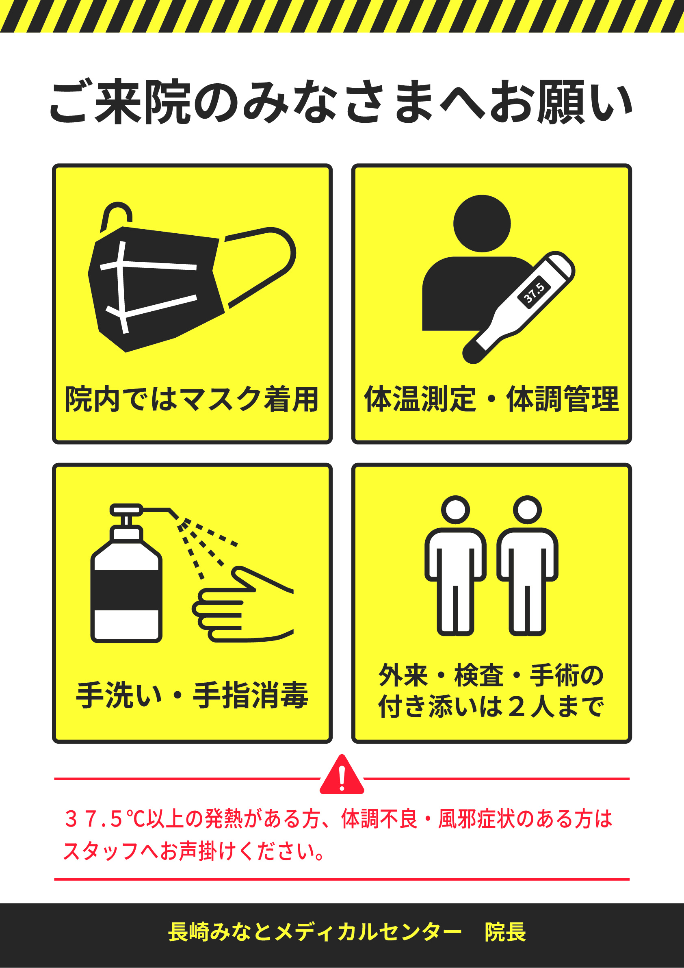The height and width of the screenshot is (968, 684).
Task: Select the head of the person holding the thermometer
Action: tap(482, 224)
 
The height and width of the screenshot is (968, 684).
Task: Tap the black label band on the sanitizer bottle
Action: tap(126, 590)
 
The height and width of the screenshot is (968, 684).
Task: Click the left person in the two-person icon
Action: tap(455, 565)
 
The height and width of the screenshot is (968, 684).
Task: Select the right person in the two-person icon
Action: tap(527, 565)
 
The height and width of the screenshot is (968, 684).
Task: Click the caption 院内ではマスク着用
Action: tap(192, 398)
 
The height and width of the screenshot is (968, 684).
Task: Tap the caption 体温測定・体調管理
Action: tap(491, 398)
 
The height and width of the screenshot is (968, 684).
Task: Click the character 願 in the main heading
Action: tap(561, 102)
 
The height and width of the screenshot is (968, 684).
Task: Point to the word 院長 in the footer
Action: tap(505, 932)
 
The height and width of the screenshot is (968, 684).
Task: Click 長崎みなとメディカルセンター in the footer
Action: tap(315, 932)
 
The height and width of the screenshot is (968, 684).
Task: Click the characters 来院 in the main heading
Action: tap(143, 102)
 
